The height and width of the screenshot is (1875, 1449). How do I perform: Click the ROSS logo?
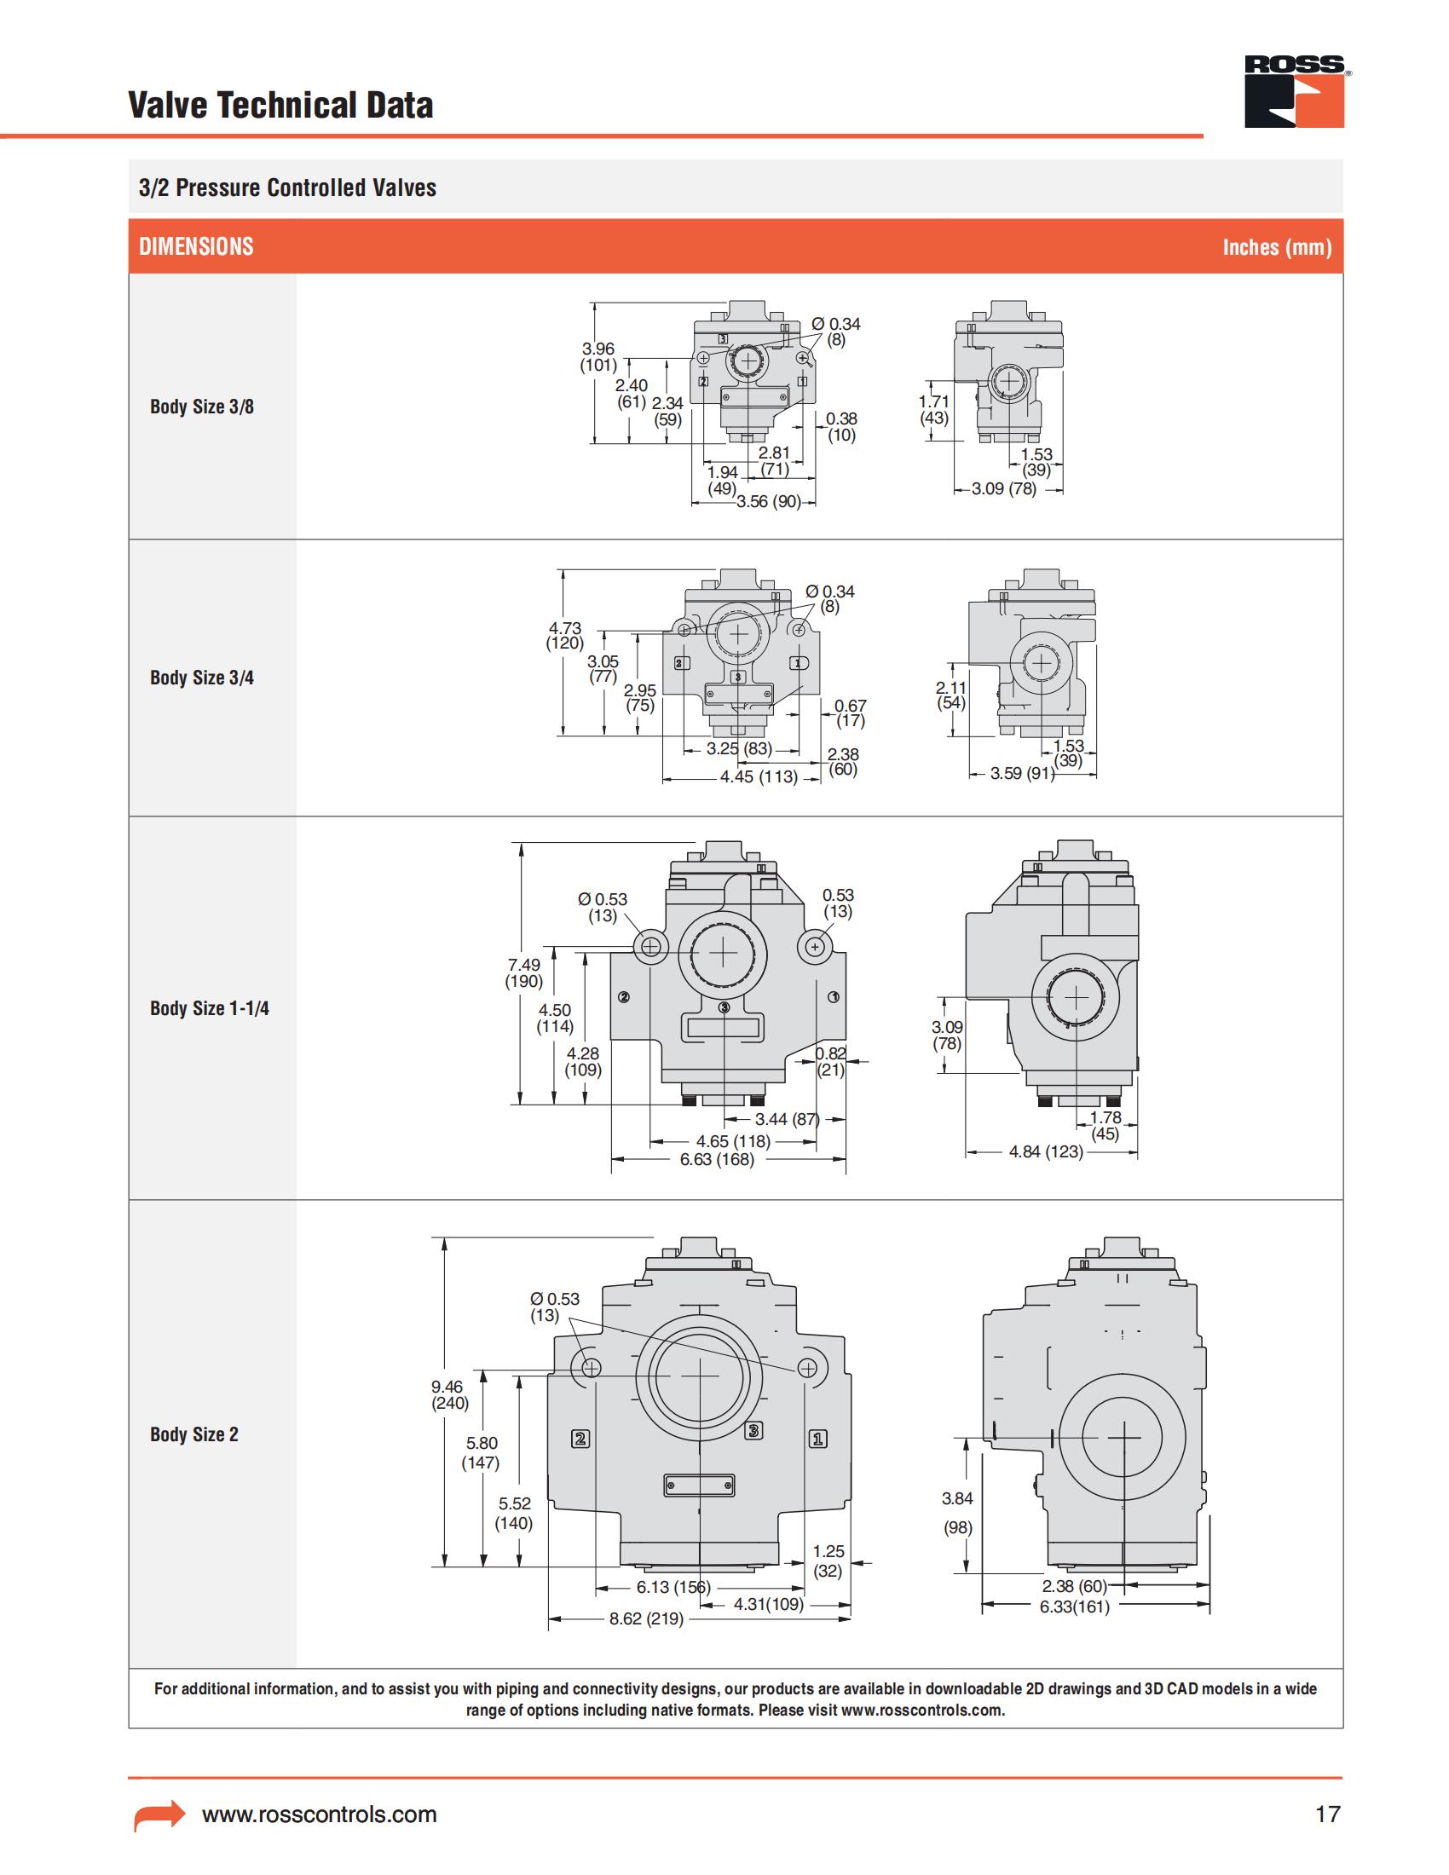[x=1295, y=92]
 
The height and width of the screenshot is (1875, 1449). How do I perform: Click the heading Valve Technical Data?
[x=280, y=106]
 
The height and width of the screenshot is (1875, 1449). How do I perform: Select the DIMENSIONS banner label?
[x=197, y=247]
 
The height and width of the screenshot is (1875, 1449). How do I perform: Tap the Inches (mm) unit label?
[x=1278, y=247]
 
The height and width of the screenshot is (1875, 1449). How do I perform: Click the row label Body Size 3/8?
[x=202, y=407]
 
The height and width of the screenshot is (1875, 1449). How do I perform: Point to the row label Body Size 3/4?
[x=202, y=678]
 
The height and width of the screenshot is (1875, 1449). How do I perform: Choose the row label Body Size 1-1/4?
[x=210, y=1009]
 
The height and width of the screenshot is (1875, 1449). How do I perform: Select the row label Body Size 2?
[x=194, y=1434]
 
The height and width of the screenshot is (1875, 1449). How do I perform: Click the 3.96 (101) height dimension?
[x=598, y=356]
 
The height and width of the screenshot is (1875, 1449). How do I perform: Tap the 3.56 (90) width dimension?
[x=768, y=502]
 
